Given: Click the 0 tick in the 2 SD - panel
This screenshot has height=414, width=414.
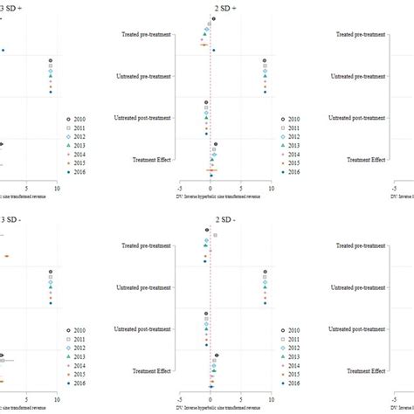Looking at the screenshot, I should (x=210, y=400).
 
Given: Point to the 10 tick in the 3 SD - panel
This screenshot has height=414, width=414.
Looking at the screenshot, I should (x=58, y=400).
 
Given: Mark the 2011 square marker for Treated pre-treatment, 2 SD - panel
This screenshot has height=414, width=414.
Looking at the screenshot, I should (x=216, y=236).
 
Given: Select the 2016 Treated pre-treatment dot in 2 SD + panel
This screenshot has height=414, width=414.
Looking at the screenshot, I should (x=213, y=50).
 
